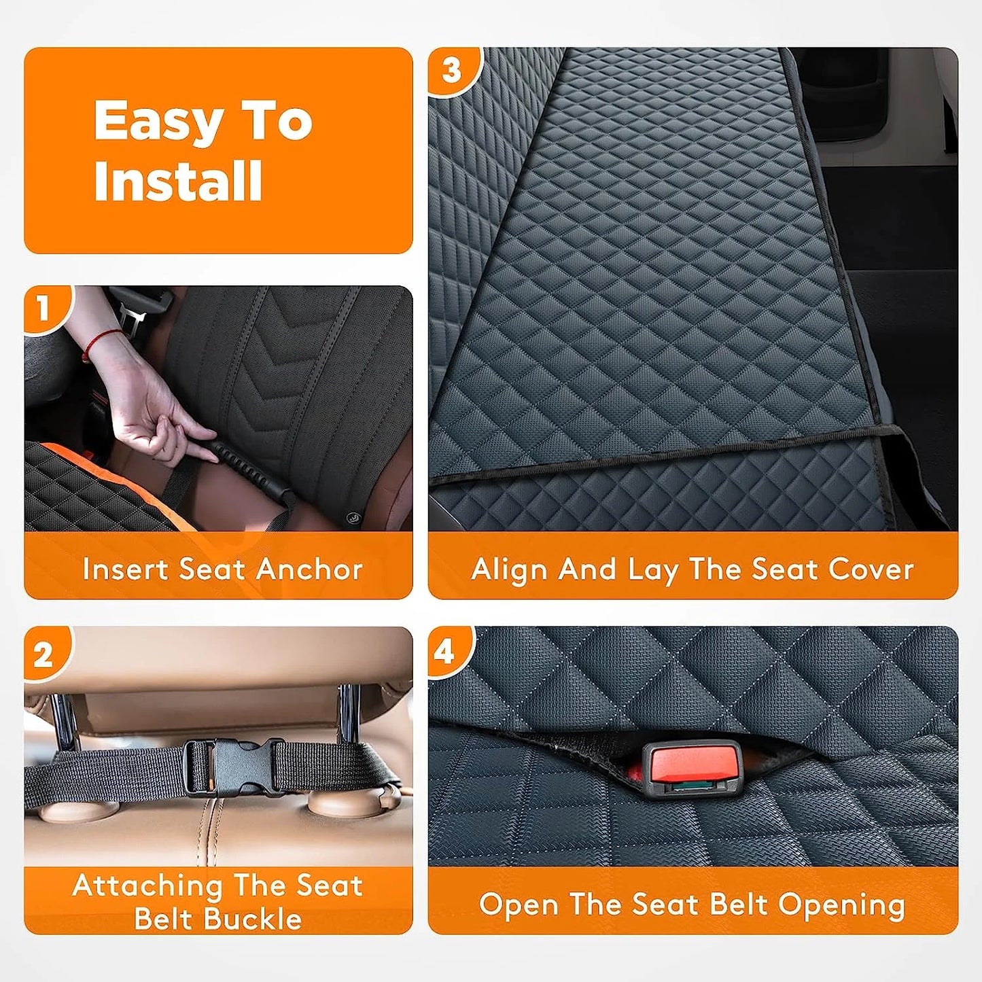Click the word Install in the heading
tap(178, 181)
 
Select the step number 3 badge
tap(452, 70)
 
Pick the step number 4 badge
tap(444, 652)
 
